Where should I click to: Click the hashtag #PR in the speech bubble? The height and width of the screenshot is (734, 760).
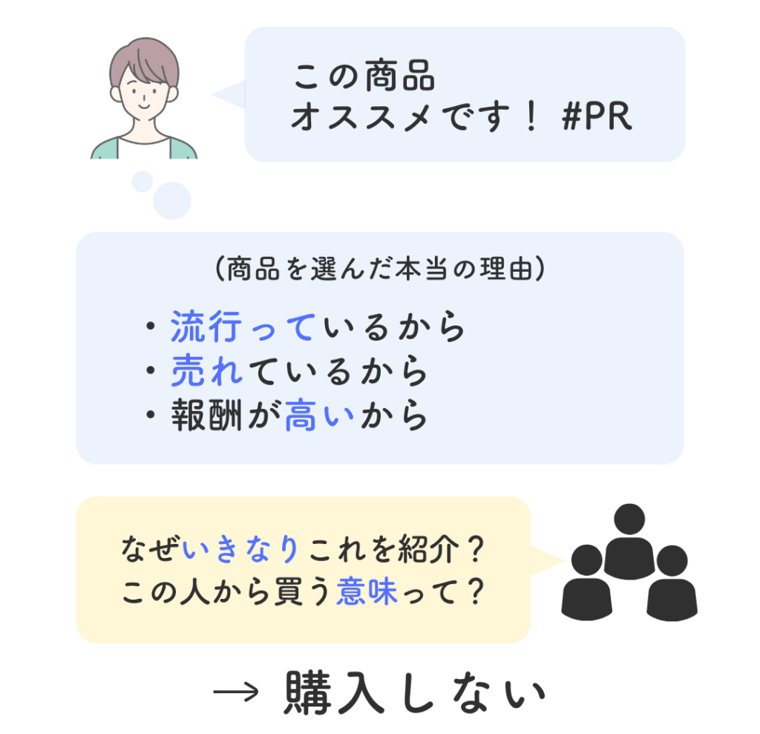coord(597,117)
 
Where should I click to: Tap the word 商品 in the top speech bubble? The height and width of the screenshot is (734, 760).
coord(399,76)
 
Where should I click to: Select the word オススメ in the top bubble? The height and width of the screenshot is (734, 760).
coord(361,117)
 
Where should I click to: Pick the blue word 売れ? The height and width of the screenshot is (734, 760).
coord(207,370)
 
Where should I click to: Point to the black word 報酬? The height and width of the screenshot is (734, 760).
coord(206,415)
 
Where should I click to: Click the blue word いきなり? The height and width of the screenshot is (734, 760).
coord(240,549)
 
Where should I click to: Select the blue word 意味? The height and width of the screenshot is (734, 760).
coord(367,592)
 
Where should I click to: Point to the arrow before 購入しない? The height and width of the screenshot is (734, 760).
coord(236,692)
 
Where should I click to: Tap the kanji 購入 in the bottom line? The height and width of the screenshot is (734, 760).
coord(334,692)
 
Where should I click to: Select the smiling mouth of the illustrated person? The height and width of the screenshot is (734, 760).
coord(144,105)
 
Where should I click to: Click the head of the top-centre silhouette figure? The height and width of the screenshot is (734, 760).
coord(629,520)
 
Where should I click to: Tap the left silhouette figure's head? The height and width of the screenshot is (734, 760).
coord(587,560)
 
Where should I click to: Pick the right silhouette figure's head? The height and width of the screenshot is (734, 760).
coord(672,561)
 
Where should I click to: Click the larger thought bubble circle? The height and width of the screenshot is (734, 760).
coord(172,200)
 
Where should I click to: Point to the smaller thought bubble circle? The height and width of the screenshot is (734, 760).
coord(142,181)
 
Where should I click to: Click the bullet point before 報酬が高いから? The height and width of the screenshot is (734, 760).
coord(151,415)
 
